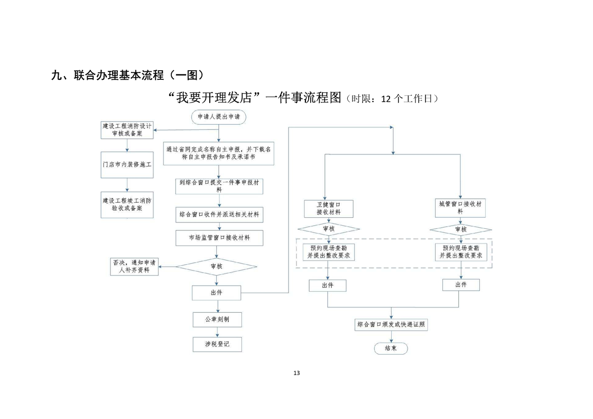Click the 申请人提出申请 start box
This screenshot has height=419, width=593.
(x=219, y=118)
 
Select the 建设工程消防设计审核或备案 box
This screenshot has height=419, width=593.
(x=127, y=130)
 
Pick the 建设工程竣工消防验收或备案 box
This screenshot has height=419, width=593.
(x=127, y=204)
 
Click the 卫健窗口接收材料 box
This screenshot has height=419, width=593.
(x=328, y=208)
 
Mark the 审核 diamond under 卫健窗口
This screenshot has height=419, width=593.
(x=328, y=229)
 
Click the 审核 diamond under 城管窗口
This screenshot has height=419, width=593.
(x=461, y=229)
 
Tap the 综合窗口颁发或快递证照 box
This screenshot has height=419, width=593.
(x=391, y=324)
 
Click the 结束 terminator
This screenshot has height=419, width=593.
(x=391, y=348)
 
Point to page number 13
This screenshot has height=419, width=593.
(x=296, y=373)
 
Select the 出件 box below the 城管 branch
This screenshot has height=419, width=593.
(x=461, y=285)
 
